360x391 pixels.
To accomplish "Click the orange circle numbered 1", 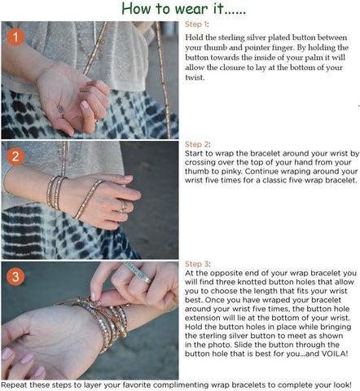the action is coord(15,37).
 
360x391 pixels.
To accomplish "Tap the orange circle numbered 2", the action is coord(15,156).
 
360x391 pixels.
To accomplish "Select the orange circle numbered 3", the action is coord(15,277).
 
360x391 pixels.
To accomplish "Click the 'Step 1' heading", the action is coord(196,24).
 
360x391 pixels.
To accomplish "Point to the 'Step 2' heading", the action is coord(197,144).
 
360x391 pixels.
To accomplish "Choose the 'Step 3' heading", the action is coord(197,264).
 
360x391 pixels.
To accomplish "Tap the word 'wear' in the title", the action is coord(192,10).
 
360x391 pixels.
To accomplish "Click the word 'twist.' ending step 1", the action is coord(195,77).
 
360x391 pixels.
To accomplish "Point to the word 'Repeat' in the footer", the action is coord(15,385).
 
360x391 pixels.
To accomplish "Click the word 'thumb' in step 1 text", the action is coord(216,47).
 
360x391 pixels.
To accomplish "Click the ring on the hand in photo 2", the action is coord(124,208).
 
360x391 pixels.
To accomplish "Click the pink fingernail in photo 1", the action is coord(85,104).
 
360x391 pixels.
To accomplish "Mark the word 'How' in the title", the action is coord(137,9).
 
